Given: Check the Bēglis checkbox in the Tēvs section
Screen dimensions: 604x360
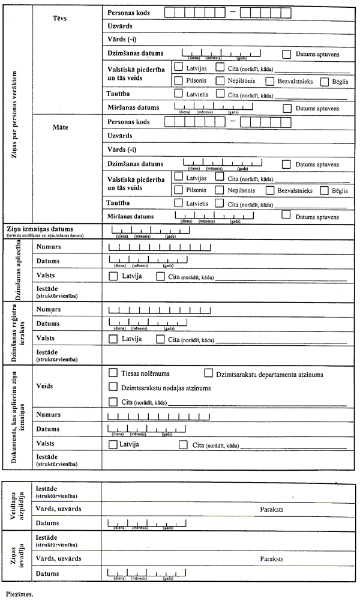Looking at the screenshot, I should point(325,82).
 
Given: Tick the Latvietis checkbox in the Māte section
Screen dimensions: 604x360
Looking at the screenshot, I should point(178,203).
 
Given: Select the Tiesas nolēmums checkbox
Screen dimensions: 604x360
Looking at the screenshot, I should point(113,373).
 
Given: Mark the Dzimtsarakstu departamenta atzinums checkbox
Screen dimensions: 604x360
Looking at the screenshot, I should point(209,373).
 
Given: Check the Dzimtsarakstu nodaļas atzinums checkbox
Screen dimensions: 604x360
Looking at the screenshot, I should point(113,387).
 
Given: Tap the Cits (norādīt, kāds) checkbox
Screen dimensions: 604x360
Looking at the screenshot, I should point(113,402).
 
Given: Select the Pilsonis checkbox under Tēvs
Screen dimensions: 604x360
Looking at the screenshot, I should point(178,80).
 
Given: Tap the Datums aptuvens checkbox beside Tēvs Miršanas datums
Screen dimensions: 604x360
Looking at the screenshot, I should point(287,108).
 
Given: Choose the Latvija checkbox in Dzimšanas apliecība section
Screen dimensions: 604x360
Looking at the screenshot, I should point(113,277).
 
